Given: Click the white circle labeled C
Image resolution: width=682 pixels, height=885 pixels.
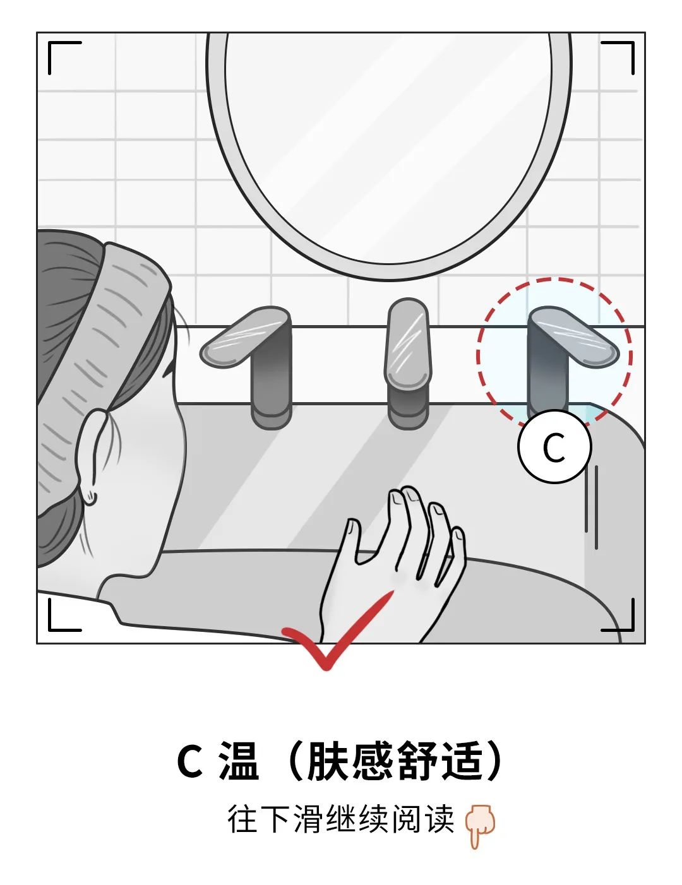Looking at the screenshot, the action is pyautogui.click(x=554, y=446).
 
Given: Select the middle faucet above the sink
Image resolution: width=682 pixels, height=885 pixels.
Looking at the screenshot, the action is pyautogui.click(x=408, y=364).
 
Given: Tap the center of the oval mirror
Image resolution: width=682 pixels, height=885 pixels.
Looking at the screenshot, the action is pyautogui.click(x=389, y=146).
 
